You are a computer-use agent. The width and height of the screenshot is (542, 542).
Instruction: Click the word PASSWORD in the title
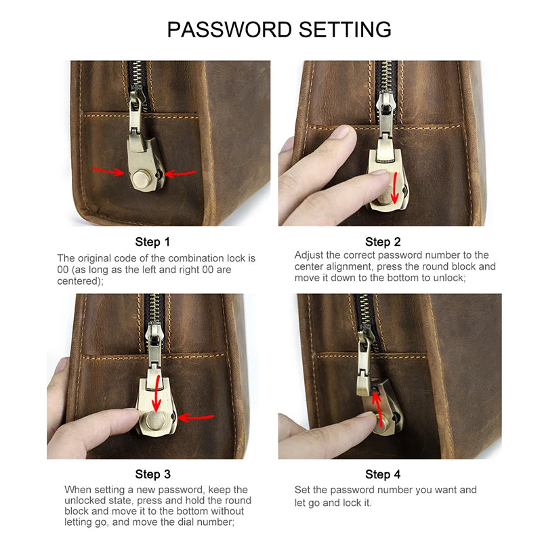click(228, 29)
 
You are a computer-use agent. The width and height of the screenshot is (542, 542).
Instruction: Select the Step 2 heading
click(383, 242)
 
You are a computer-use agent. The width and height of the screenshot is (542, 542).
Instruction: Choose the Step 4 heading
click(383, 474)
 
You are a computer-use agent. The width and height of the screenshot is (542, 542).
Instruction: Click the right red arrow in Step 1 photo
click(180, 173)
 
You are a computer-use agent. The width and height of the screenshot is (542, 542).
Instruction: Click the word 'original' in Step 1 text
click(100, 258)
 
